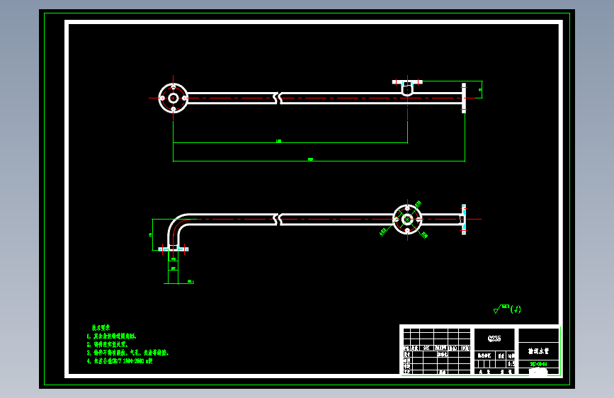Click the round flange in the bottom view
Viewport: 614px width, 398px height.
click(407, 220)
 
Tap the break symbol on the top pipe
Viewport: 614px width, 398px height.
click(278, 98)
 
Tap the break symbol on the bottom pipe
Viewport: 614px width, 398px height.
click(278, 220)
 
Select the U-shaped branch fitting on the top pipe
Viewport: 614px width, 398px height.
click(407, 89)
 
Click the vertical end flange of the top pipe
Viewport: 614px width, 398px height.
click(464, 96)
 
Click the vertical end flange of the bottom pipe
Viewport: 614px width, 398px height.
click(464, 220)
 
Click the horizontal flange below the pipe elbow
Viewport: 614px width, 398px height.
click(174, 249)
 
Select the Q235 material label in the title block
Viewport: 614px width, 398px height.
click(494, 339)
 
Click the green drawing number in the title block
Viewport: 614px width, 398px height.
click(538, 365)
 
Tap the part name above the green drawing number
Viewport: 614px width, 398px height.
click(538, 351)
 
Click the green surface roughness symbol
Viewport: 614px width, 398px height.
click(506, 309)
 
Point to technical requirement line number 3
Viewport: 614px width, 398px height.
click(127, 353)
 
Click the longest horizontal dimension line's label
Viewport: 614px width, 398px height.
click(311, 160)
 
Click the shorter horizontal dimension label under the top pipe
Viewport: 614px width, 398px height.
click(278, 142)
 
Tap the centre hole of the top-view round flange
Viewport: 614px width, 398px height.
click(174, 98)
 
